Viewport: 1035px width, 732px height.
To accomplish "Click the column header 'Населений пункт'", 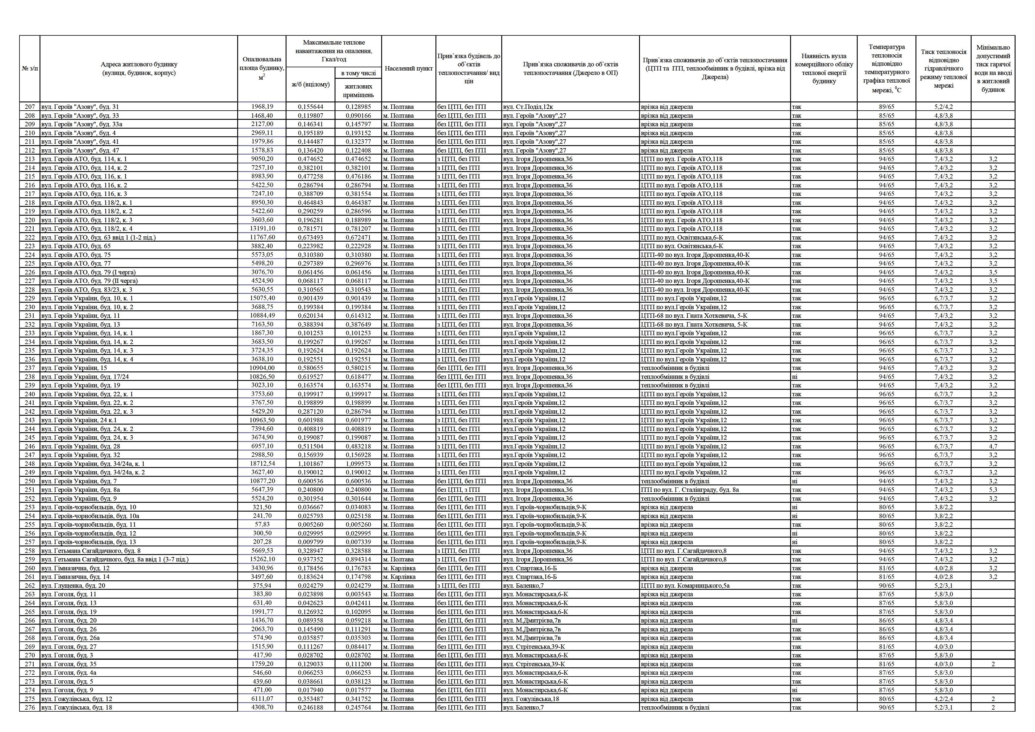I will tap(408, 68).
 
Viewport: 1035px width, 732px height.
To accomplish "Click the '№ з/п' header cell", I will tap(30, 68).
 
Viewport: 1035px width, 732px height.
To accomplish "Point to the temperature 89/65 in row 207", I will tap(886, 107).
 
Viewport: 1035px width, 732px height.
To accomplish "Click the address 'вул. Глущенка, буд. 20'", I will tap(73, 585).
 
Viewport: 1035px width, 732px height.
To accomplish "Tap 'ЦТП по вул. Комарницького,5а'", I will tap(685, 585).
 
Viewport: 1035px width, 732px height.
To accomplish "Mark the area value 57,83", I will tap(262, 524).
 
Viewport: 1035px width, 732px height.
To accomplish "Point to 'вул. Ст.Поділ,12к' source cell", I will tap(528, 107).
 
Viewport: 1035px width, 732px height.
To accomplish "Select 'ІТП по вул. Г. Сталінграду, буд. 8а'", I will tap(690, 489).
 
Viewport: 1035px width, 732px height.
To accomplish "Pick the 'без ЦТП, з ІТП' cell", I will tap(459, 489).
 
